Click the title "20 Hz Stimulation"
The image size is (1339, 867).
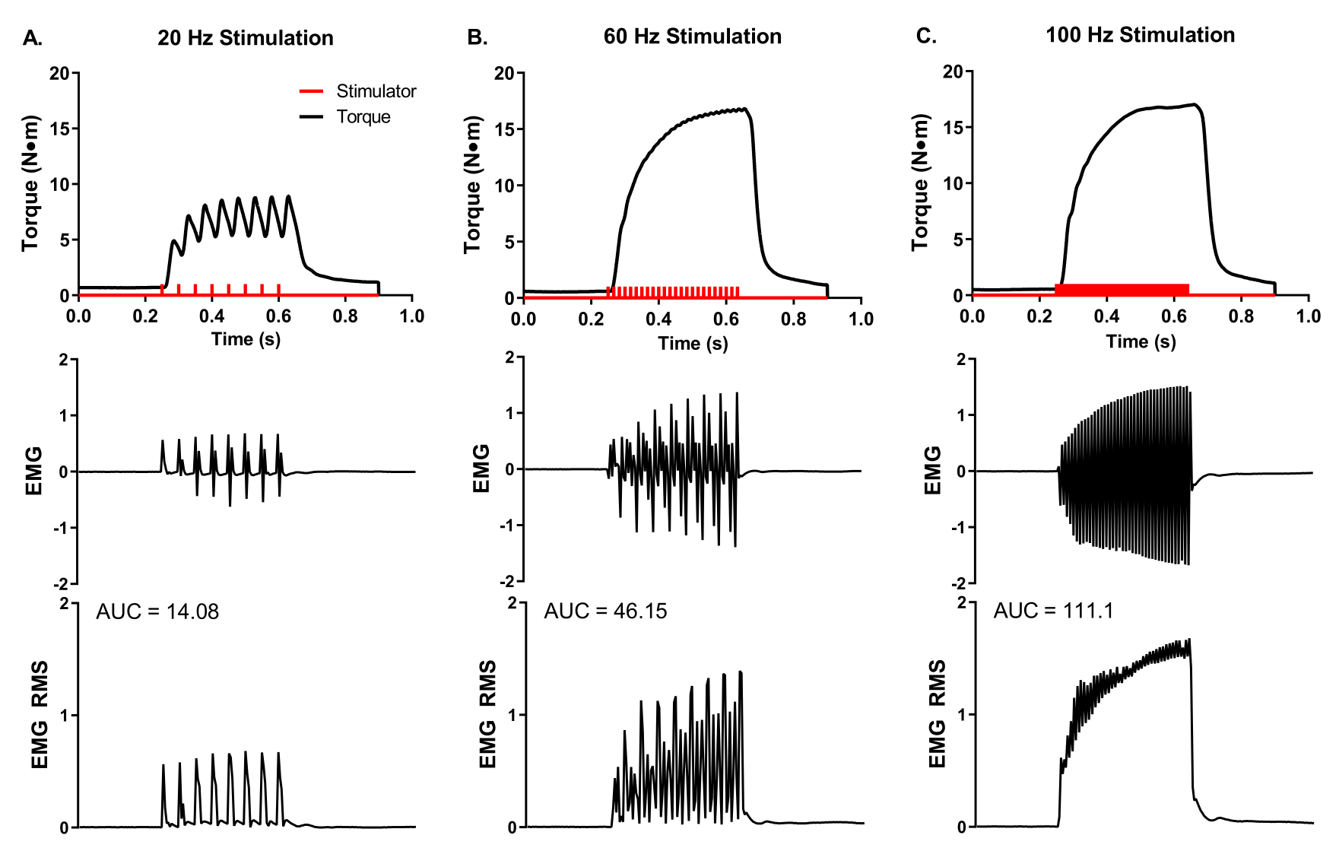point(245,38)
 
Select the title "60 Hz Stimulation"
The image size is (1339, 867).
point(692,37)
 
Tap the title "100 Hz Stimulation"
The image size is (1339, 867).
point(1140,35)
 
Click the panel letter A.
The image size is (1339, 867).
point(32,38)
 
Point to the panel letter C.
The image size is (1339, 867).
point(926,36)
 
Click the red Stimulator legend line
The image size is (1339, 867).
point(312,92)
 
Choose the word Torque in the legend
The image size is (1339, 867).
point(363,117)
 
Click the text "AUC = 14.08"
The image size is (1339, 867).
point(157,611)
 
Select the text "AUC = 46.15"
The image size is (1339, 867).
point(605,611)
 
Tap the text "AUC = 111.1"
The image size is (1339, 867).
point(1053,611)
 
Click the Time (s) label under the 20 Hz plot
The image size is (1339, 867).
point(246,339)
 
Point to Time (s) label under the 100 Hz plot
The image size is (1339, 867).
point(1141,341)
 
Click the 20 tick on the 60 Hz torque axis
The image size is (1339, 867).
point(504,74)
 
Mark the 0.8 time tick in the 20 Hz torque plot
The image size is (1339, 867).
point(345,316)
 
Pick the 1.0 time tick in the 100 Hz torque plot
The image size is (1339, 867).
point(1308,316)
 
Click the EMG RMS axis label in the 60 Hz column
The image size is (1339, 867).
point(488,714)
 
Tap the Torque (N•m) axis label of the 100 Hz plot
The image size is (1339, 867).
point(921,183)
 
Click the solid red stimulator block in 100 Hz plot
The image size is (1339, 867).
point(1122,289)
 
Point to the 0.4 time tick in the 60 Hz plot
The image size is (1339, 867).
point(658,319)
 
